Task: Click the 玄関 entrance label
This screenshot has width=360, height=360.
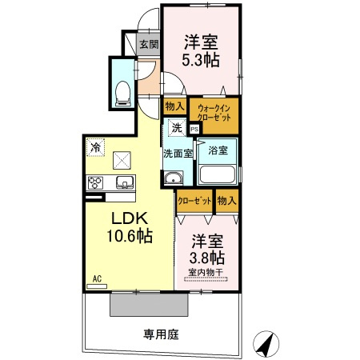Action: coord(148,44)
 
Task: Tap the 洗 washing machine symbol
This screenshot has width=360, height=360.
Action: coord(175,126)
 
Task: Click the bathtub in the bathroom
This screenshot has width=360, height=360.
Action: coord(216,175)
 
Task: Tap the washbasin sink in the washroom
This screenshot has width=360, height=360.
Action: coord(173,178)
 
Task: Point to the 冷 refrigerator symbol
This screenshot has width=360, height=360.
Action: coord(95,147)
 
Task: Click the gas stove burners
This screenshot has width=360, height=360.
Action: coord(95,181)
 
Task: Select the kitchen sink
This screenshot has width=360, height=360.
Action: coord(124,182)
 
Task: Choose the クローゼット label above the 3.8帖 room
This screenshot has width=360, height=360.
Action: coord(194,201)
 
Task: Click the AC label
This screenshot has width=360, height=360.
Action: coord(98,278)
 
